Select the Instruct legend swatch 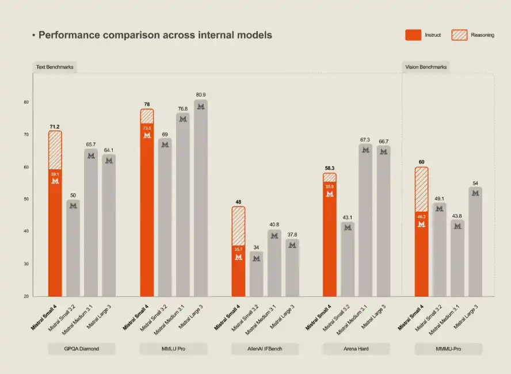pyautogui.click(x=413, y=35)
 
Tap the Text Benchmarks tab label pyautogui.click(x=55, y=67)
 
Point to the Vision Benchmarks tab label pyautogui.click(x=426, y=67)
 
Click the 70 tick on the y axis pyautogui.click(x=26, y=135)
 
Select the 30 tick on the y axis pyautogui.click(x=26, y=264)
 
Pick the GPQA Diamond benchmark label pyautogui.click(x=82, y=349)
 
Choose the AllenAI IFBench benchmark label pyautogui.click(x=265, y=349)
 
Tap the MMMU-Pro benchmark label pyautogui.click(x=448, y=349)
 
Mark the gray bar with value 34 pyautogui.click(x=257, y=274)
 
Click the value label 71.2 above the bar pyautogui.click(x=55, y=126)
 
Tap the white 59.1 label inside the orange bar pyautogui.click(x=55, y=174)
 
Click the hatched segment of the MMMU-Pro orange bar pyautogui.click(x=421, y=189)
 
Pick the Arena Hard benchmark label pyautogui.click(x=356, y=349)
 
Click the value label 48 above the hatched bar pyautogui.click(x=238, y=202)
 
